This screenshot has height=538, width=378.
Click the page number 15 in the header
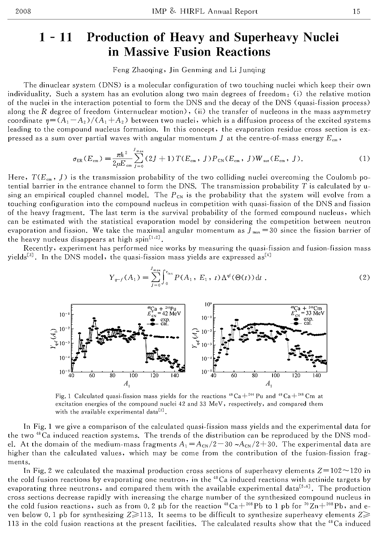(x=356, y=11)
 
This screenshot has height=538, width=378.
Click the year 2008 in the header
(x=23, y=11)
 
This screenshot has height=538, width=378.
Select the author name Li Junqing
(x=247, y=70)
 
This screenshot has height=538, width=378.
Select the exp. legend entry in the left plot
(x=165, y=319)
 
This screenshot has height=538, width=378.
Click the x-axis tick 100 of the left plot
(x=133, y=375)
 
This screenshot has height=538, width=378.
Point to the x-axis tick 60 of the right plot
(x=234, y=375)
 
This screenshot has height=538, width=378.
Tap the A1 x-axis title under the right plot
(x=269, y=384)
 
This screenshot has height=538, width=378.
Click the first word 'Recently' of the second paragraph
(x=37, y=248)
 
